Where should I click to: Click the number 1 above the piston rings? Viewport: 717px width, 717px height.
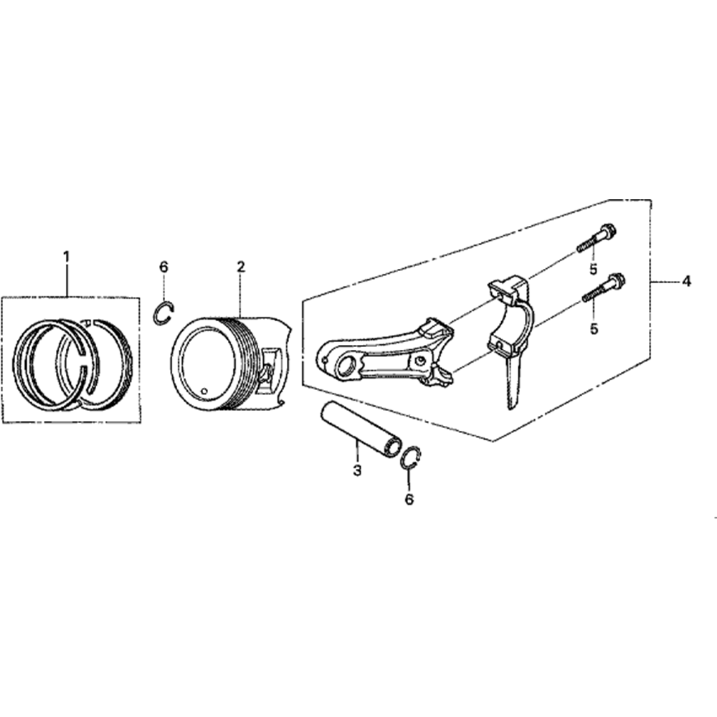pos(67,256)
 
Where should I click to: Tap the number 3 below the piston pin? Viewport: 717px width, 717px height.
pos(356,470)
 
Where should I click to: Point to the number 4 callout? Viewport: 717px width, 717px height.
pos(686,282)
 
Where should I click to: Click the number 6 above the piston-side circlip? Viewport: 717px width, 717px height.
pos(163,267)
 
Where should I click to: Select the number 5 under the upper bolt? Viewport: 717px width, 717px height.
pos(593,269)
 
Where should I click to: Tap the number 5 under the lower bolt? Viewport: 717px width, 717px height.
pos(593,328)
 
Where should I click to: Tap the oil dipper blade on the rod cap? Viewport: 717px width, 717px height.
pos(513,384)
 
